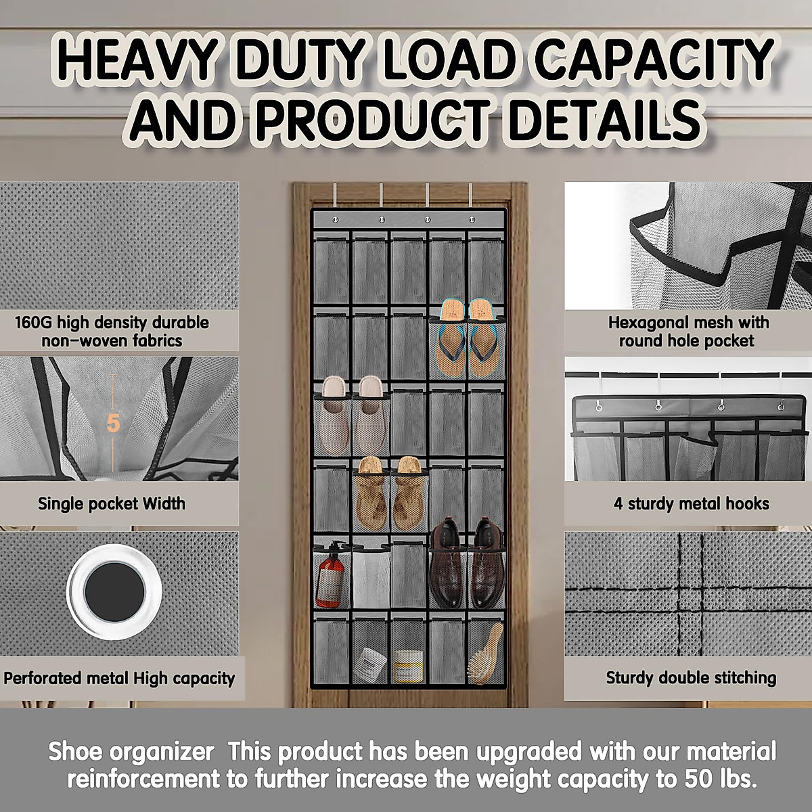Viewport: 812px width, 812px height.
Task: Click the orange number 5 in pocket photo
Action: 113,424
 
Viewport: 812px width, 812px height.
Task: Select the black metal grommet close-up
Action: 114,591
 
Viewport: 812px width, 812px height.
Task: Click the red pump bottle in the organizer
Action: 330,579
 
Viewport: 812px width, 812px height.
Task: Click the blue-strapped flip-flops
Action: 467,338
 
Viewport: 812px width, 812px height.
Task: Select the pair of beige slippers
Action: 351,414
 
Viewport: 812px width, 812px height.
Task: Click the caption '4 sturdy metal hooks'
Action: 691,503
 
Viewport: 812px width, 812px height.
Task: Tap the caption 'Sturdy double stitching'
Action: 691,678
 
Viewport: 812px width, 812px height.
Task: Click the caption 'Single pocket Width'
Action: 112,503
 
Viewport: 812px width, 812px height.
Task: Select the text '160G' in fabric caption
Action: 33,323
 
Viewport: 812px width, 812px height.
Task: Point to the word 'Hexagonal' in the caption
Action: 648,323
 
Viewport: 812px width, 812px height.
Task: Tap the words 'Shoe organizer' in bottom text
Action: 131,752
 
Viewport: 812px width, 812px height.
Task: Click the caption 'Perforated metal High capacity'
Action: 119,678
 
